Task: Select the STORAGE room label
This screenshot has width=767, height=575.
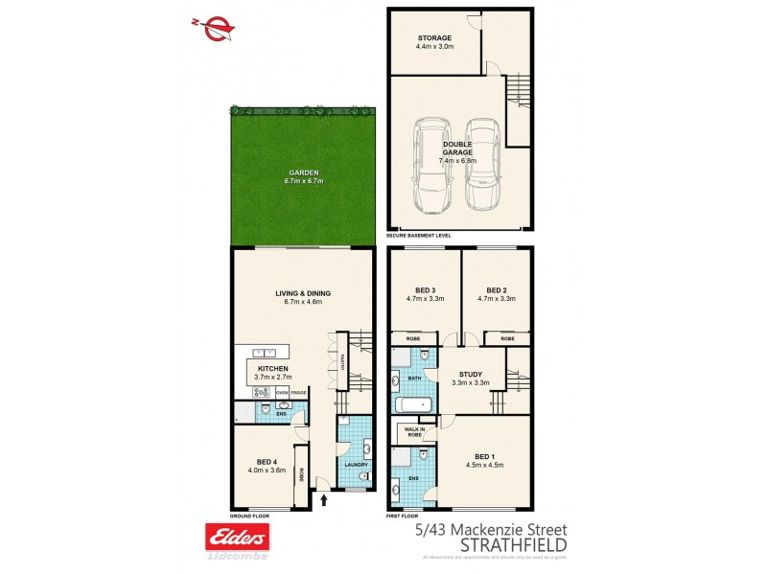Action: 433,38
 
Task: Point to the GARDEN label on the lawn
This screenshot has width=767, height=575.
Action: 304,173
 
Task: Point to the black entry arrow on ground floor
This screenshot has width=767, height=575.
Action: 323,499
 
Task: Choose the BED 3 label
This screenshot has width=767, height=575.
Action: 426,290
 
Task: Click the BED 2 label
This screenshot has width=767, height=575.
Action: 496,290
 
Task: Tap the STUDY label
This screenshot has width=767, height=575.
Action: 471,375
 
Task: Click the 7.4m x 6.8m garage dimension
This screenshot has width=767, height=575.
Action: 458,161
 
